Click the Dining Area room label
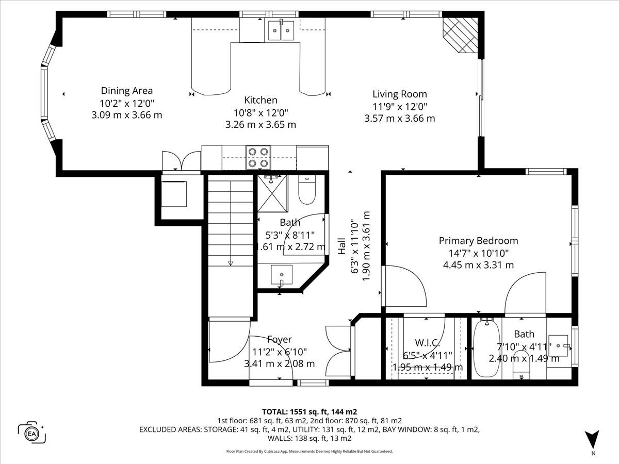tap(127, 91)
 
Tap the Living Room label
tap(400, 94)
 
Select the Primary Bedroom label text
tap(478, 241)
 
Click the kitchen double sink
tap(281, 30)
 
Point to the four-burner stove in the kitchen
tap(258, 157)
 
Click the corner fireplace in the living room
tap(460, 35)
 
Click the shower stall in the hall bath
tap(272, 193)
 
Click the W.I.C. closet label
tap(427, 343)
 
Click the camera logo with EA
tap(31, 433)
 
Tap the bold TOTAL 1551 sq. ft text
tap(309, 412)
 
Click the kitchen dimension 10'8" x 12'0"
tap(260, 113)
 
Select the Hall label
tap(341, 246)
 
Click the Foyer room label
tap(279, 339)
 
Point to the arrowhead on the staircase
tap(231, 263)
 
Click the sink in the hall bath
tap(282, 275)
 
